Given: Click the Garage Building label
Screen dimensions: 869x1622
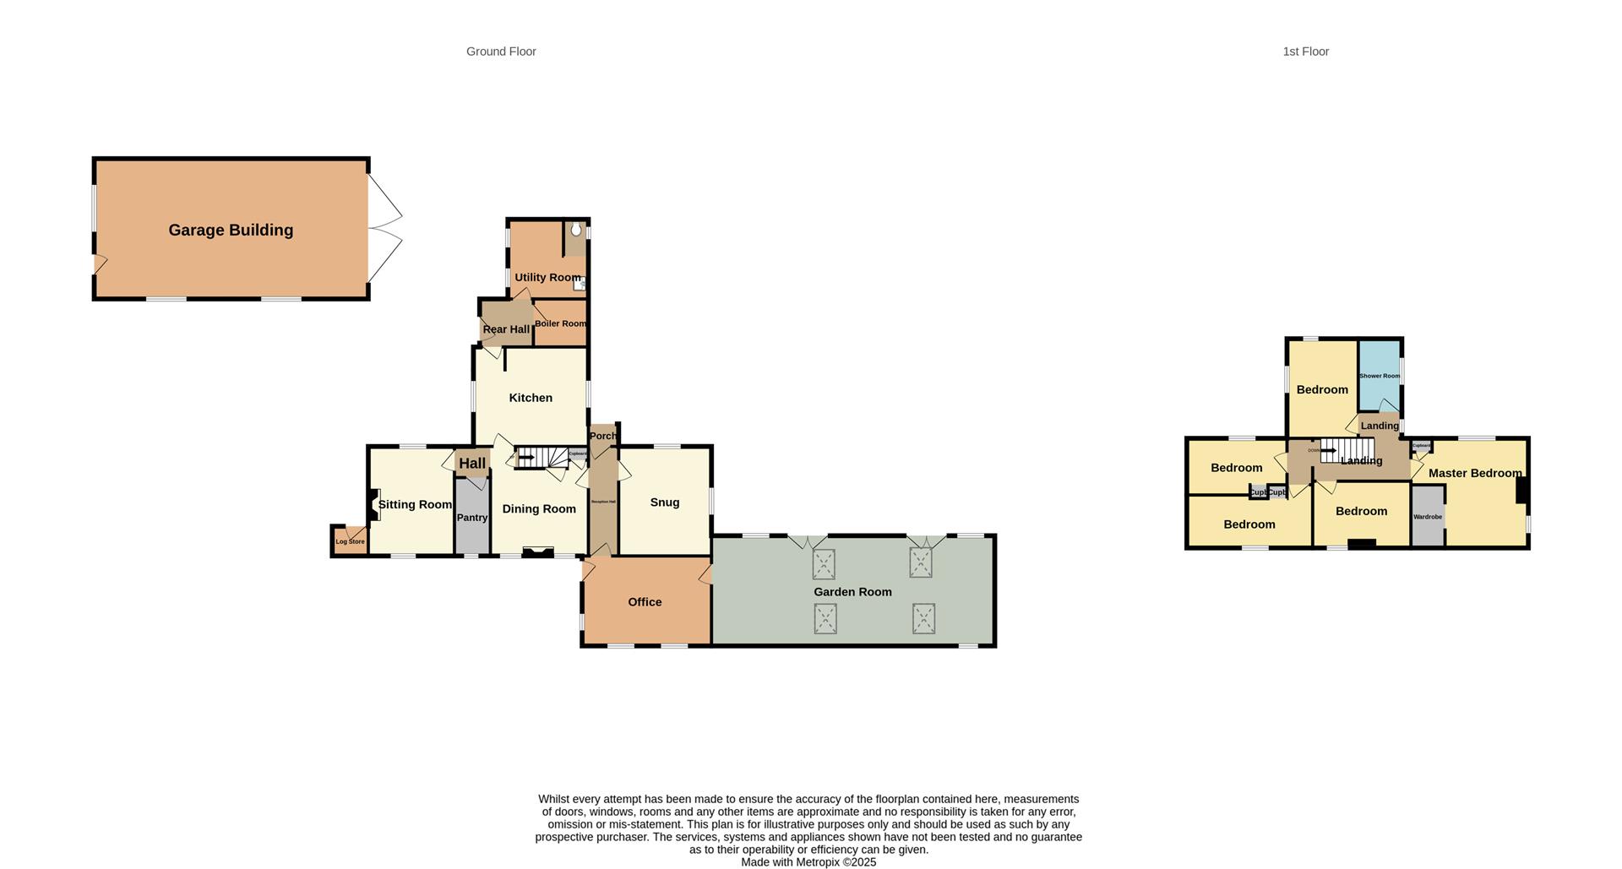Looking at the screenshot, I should (231, 230).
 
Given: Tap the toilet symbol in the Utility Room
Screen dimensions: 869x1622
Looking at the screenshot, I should (576, 230).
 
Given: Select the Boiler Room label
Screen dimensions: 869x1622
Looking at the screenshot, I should (559, 323).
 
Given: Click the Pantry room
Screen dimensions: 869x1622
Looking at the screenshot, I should (471, 517).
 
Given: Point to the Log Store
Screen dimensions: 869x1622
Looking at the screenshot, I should (350, 540).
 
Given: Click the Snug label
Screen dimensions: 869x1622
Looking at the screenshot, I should (665, 502).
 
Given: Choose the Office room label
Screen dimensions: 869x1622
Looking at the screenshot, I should (645, 602).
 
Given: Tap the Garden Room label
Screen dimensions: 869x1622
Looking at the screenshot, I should (852, 592).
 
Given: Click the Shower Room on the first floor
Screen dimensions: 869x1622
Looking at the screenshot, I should (1379, 376).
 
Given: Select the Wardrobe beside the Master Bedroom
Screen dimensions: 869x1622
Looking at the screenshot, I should (1427, 516).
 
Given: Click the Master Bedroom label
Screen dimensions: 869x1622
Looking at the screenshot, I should (1474, 473).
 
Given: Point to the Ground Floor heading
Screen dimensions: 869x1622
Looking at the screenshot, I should (501, 52).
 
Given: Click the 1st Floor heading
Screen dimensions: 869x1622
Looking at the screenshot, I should (1305, 52).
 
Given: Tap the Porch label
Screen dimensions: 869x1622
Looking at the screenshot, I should (603, 436).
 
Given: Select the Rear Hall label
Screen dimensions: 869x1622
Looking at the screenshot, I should (506, 329).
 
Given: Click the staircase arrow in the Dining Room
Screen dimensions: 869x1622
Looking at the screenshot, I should (525, 459).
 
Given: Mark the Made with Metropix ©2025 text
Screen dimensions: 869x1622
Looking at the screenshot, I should (808, 862).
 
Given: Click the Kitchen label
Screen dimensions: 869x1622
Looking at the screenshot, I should (531, 398).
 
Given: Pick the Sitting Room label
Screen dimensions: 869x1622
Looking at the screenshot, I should (415, 505).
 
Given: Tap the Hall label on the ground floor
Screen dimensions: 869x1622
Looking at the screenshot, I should (472, 463).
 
